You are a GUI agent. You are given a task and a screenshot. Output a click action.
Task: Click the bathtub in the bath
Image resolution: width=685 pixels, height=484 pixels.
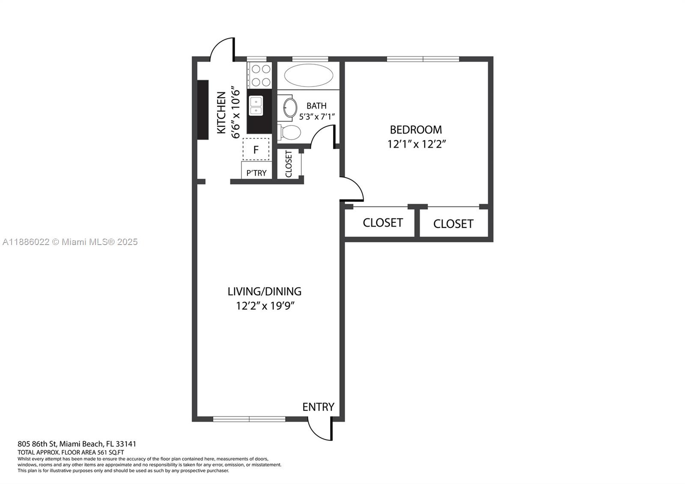coord(308,76)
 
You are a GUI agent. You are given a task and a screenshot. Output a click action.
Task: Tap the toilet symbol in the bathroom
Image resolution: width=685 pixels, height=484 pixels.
coord(290,132)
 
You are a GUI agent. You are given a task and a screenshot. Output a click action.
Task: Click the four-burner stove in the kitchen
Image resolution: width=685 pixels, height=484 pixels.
coord(261,75)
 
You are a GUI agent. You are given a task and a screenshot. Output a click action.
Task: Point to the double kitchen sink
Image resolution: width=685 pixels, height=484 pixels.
coord(256,106)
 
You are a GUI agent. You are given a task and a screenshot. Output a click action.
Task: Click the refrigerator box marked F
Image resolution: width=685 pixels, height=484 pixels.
coord(256,149)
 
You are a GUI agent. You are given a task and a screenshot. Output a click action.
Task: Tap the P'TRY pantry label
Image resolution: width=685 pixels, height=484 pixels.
coord(256,173)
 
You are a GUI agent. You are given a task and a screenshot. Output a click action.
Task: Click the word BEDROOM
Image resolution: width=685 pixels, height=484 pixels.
coord(416,129)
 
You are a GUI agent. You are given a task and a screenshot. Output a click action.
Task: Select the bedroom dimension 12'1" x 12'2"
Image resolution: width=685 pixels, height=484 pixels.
coord(417,144)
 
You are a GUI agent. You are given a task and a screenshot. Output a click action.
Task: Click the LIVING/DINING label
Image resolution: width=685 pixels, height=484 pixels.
coord(264,291)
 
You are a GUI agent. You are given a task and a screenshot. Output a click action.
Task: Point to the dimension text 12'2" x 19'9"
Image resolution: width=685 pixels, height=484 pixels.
coord(266,306)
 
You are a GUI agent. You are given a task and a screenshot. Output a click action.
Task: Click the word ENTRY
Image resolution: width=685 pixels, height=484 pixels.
coord(318,407)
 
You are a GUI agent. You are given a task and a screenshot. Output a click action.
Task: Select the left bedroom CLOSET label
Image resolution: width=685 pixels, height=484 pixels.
coord(383,223)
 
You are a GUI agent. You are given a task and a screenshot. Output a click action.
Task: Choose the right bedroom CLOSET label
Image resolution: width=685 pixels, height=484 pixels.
coord(453,224)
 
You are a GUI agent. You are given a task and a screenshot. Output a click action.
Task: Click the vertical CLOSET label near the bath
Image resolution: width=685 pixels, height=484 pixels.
coord(289,164)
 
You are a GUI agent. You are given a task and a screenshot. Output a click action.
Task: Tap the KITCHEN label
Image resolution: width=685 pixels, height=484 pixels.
coord(221,113)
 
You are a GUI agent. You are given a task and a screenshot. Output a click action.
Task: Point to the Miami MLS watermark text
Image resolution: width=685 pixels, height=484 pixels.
coord(70,242)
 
